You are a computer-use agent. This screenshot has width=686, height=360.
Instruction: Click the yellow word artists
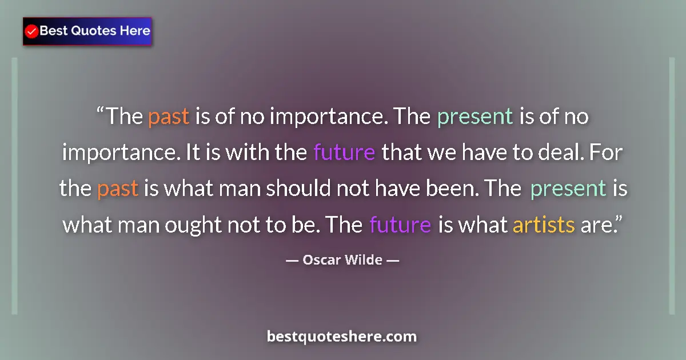[x=543, y=225]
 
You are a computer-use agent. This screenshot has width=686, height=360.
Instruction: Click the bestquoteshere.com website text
[x=342, y=337]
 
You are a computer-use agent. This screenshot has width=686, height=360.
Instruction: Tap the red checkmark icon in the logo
[x=32, y=31]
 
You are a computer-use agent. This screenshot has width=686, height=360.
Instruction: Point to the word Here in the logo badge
[x=134, y=31]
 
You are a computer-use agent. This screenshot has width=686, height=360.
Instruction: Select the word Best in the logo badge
[x=53, y=31]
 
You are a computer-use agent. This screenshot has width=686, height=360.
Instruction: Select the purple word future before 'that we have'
[x=344, y=153]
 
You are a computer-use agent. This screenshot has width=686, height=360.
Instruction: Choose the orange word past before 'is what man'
[x=118, y=189]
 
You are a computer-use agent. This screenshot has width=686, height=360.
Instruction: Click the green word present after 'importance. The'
[x=474, y=117]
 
